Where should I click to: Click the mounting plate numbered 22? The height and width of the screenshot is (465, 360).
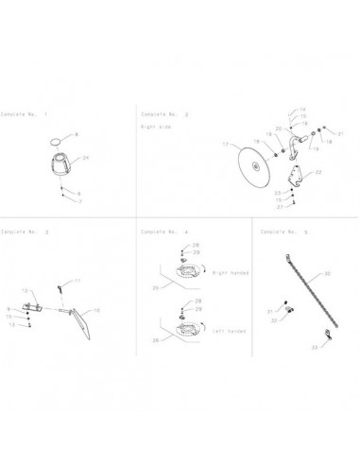(x=295, y=175)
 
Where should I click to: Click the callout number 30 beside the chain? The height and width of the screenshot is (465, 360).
(x=327, y=274)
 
